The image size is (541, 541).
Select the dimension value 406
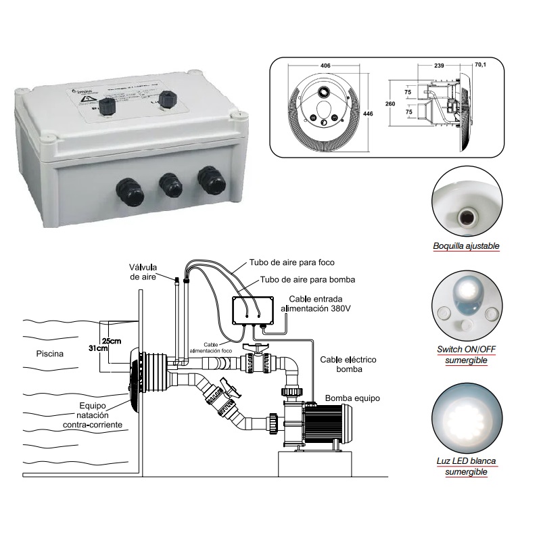click(324, 66)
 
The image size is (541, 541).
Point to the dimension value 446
click(368, 114)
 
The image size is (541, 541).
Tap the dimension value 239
click(440, 66)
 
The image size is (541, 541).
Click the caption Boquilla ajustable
click(466, 245)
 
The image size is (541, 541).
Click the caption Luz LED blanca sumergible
click(466, 466)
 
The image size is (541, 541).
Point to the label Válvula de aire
click(143, 270)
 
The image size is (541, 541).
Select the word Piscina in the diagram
click(51, 353)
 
